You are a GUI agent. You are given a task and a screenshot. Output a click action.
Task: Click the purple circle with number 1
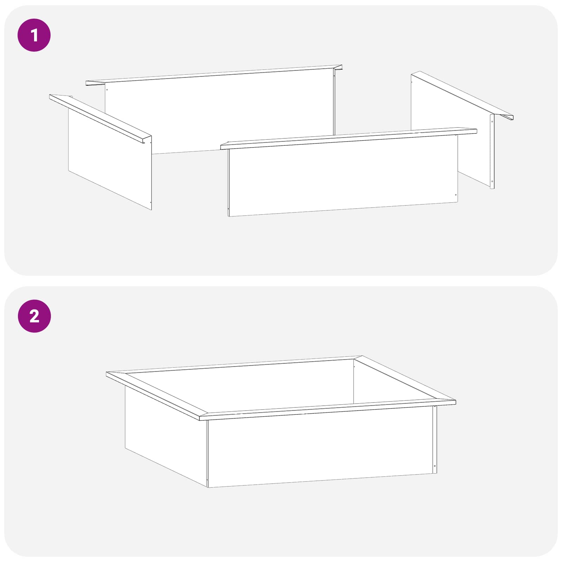[34, 35]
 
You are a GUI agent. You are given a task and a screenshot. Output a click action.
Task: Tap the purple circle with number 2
[34, 316]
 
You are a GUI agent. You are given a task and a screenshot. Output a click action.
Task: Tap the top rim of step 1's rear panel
[214, 75]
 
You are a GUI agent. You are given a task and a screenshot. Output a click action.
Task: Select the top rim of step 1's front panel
[349, 138]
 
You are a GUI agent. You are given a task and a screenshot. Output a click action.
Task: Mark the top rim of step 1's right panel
[462, 95]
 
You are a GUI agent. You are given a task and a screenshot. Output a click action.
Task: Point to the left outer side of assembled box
[166, 436]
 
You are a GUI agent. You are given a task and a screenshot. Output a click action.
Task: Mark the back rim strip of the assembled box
[234, 365]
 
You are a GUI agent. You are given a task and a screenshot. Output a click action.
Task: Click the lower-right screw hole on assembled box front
[435, 466]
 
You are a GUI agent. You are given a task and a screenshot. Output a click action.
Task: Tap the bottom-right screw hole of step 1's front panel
[456, 195]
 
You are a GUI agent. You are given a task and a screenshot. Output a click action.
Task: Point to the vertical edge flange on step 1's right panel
[492, 151]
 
